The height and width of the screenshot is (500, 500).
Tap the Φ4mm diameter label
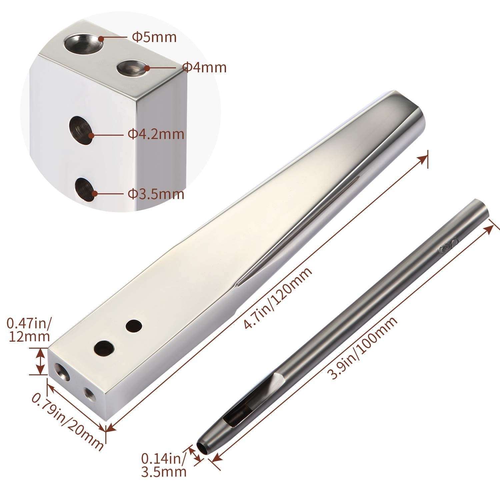(x=204, y=68)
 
